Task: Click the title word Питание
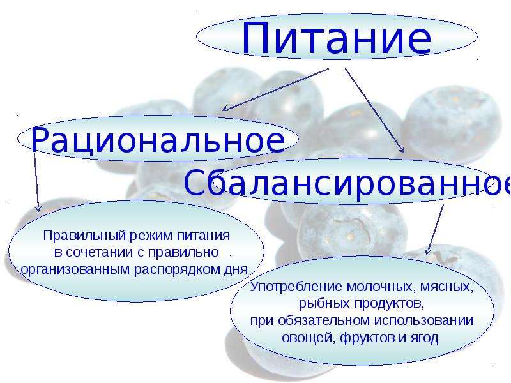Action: pos(337,38)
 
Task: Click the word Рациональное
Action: pos(158,140)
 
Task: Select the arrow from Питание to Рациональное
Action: pos(275,89)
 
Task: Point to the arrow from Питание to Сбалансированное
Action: pos(375,110)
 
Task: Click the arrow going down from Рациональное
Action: pos(36,183)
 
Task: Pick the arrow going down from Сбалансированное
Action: pos(435,229)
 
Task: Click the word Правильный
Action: pos(85,236)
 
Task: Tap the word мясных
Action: pos(446,287)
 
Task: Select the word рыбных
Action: pos(324,304)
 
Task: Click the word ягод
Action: pos(423,338)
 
